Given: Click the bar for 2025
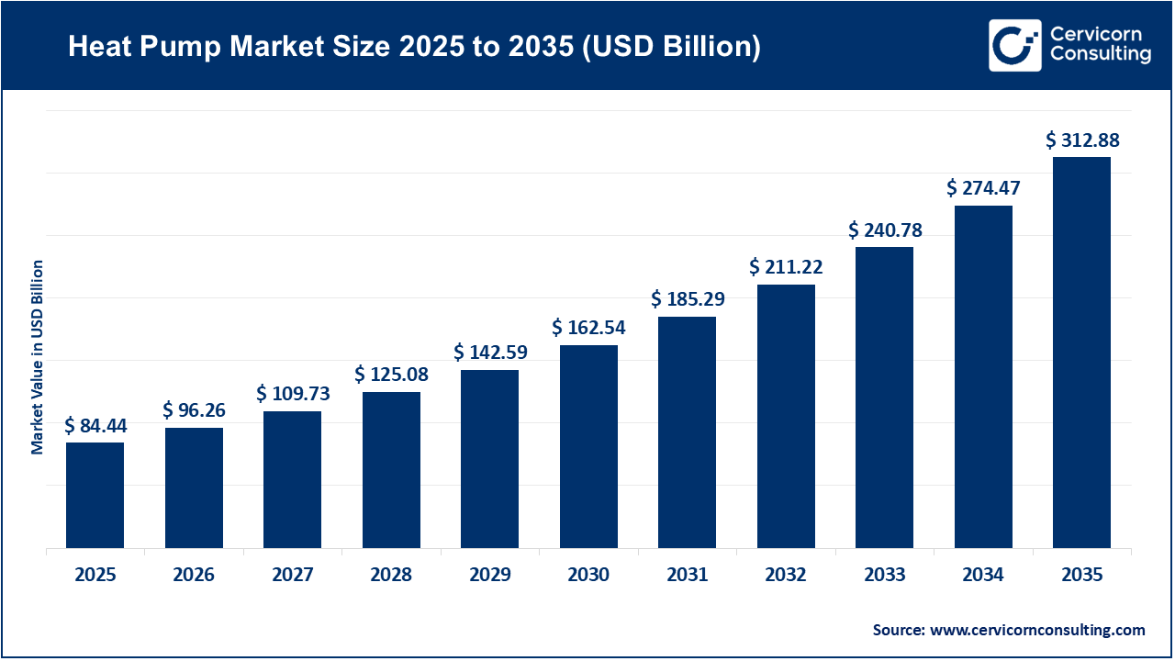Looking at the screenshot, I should [x=95, y=495].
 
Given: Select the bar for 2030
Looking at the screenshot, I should [x=588, y=446].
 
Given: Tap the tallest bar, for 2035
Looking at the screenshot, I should [x=1081, y=353].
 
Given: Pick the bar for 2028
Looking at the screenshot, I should [x=391, y=470].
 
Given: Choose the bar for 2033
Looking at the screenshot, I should [x=884, y=398].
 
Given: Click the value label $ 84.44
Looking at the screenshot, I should [x=95, y=426].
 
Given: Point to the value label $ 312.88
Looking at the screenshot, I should [x=1082, y=140].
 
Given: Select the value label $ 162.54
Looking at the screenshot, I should [x=588, y=328].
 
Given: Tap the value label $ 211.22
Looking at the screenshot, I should [x=786, y=267].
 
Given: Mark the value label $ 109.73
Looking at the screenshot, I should [x=293, y=394].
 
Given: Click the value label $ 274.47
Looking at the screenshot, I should [x=983, y=188].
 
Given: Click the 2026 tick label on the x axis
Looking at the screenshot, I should [x=194, y=576].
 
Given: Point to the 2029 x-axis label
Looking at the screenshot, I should [x=490, y=576].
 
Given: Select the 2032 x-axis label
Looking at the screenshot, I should [x=786, y=576].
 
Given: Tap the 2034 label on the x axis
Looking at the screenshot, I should [x=983, y=576].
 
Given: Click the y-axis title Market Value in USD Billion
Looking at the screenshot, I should [x=38, y=357].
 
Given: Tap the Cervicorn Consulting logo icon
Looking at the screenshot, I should [x=1014, y=45].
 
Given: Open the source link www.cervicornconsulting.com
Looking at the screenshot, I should [x=1037, y=630].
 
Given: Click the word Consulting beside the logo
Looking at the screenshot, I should [x=1100, y=55].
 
